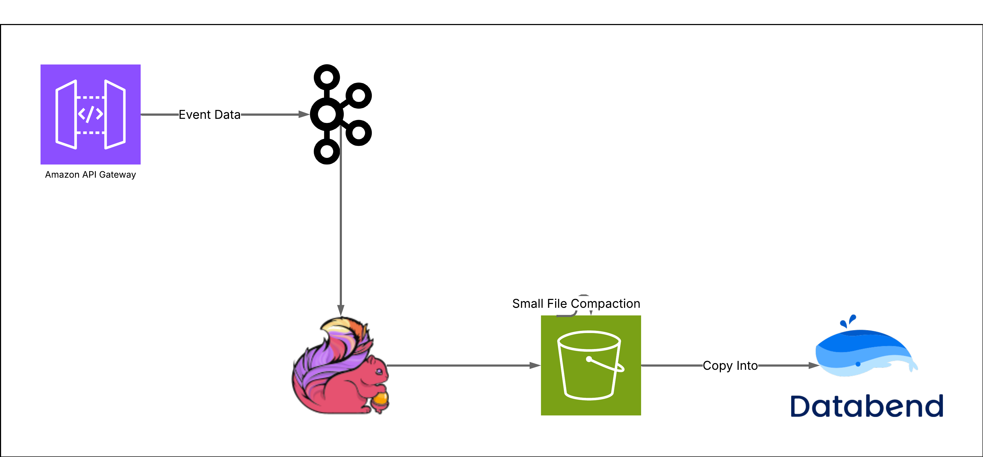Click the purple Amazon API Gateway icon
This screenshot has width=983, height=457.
pyautogui.click(x=90, y=114)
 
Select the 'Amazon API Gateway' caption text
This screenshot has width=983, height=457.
pyautogui.click(x=90, y=175)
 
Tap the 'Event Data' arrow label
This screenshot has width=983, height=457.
pyautogui.click(x=210, y=114)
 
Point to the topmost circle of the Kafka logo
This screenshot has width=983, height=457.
pyautogui.click(x=327, y=77)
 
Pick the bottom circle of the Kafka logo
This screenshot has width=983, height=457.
pyautogui.click(x=327, y=151)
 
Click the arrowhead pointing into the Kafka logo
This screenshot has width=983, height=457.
pyautogui.click(x=304, y=114)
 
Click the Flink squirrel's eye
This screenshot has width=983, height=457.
pyautogui.click(x=379, y=371)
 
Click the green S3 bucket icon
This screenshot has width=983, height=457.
pyautogui.click(x=591, y=365)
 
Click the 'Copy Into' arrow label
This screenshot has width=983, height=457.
pyautogui.click(x=730, y=366)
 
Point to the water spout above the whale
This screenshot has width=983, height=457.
pyautogui.click(x=848, y=321)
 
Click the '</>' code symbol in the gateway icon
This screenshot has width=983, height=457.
pyautogui.click(x=90, y=114)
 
